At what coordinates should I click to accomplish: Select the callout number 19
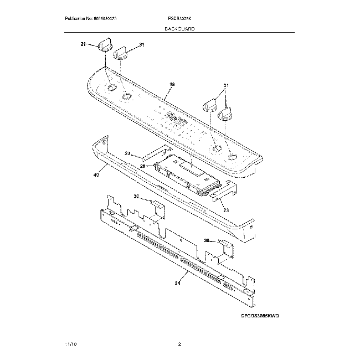click(172, 85)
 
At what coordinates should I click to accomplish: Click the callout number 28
click(142, 165)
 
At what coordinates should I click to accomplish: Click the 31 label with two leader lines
click(225, 85)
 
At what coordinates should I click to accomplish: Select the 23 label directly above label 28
click(127, 153)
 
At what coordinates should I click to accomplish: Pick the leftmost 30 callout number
click(137, 197)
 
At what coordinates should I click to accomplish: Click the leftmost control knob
click(104, 44)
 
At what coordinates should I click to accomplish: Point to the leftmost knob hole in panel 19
click(112, 88)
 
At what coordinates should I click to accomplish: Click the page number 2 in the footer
click(179, 344)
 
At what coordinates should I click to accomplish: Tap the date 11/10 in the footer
click(70, 344)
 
